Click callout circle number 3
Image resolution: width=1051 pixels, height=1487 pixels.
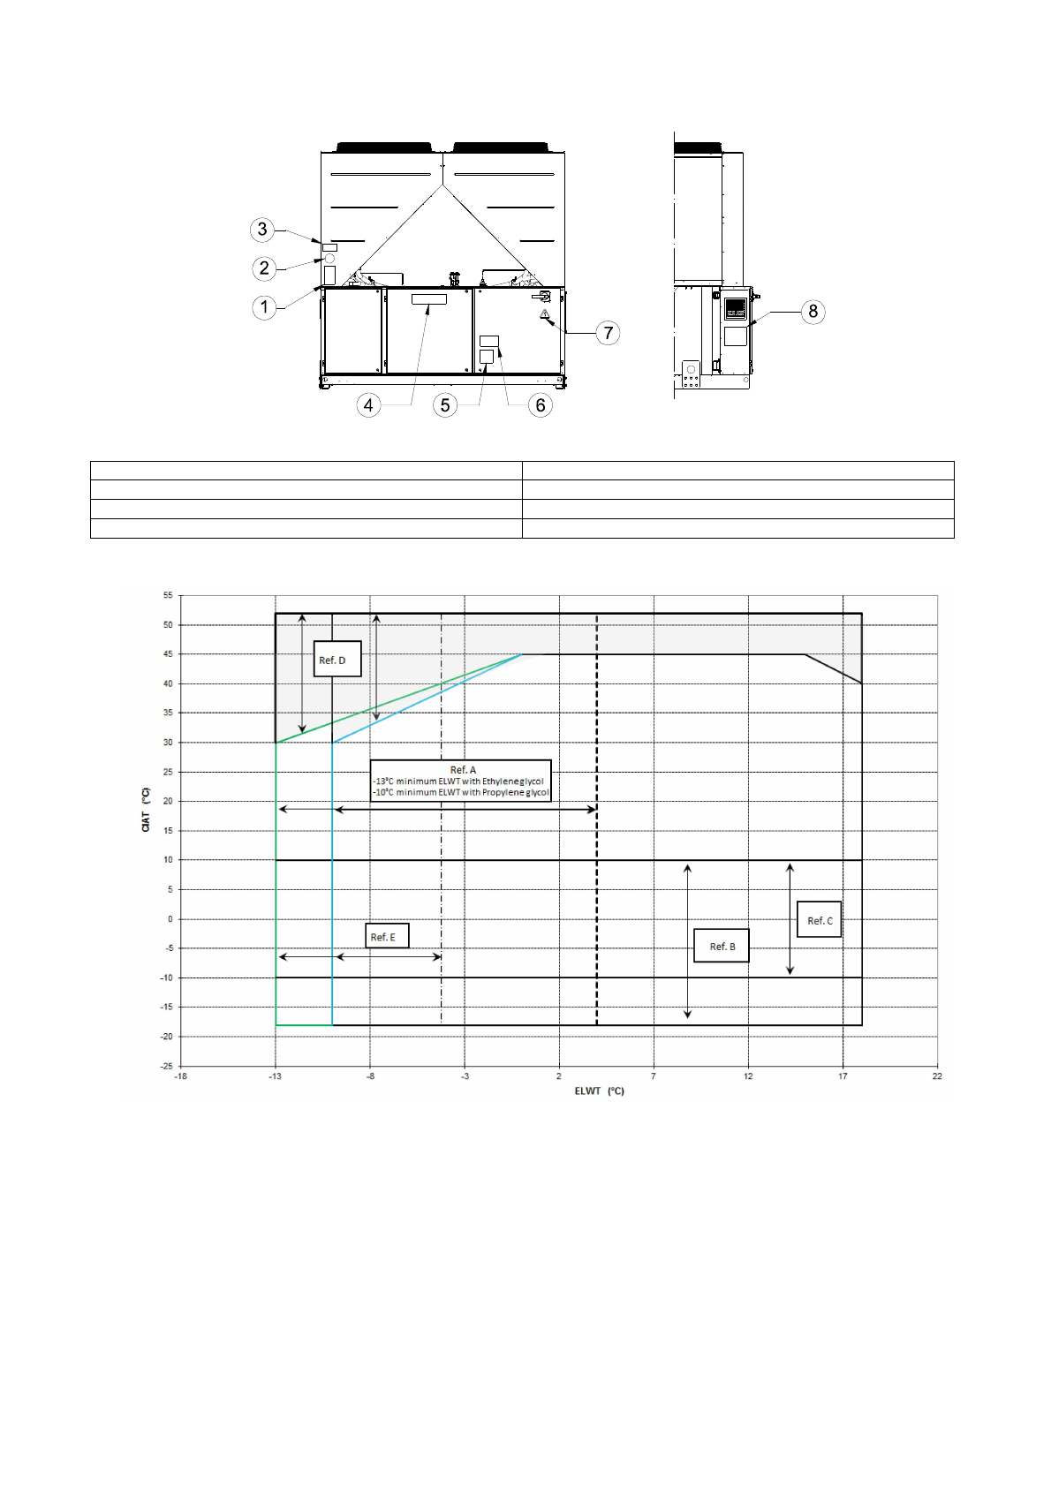(262, 230)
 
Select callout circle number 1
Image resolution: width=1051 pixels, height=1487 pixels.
(264, 307)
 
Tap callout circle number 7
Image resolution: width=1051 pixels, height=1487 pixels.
(609, 333)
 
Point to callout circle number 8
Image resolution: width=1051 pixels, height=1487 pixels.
(813, 312)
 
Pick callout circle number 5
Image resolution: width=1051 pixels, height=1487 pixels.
(445, 405)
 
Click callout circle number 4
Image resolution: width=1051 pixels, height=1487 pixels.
(368, 405)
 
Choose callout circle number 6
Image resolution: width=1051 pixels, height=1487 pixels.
(541, 405)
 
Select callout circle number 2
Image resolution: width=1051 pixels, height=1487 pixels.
(264, 268)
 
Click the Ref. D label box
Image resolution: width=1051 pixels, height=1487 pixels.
(337, 659)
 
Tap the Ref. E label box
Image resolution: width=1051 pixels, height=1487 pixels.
(387, 935)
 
